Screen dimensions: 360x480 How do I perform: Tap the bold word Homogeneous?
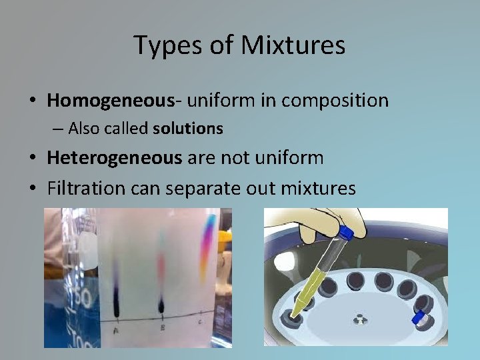click(110, 101)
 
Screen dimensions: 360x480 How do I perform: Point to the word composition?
click(335, 101)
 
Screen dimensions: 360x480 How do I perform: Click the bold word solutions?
click(187, 128)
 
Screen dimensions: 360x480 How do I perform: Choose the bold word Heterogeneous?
click(114, 158)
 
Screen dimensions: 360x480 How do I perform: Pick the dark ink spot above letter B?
click(161, 305)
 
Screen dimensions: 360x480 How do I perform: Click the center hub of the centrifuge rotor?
click(361, 319)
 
